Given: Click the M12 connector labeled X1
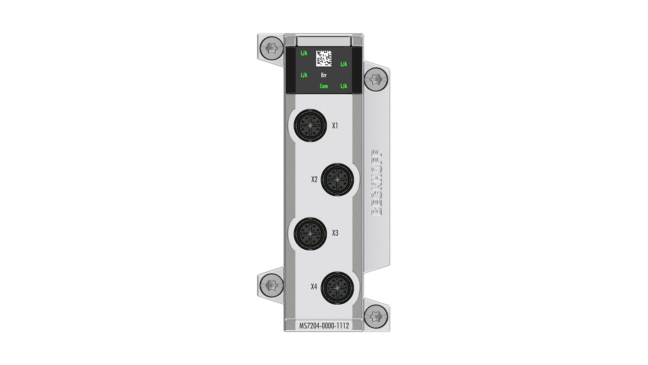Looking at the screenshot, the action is [310, 125].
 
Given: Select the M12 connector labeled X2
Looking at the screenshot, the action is [337, 180].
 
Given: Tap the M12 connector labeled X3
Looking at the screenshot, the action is [310, 234].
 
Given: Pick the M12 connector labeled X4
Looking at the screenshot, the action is [337, 288].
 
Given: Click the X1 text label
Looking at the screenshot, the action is [335, 126].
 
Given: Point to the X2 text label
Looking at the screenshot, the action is [315, 179].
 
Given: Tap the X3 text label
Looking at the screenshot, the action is [335, 233].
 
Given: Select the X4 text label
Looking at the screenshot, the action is [314, 287].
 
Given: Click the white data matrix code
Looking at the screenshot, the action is [324, 58].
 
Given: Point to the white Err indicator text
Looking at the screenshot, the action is [324, 75].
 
